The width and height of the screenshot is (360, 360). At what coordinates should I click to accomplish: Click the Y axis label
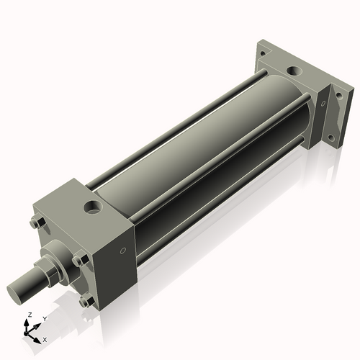44,318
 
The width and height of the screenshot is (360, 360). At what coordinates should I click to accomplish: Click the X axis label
45,338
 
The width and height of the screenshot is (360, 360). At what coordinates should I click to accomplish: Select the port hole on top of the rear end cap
294,72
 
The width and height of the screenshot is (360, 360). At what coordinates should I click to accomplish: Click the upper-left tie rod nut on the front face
37,224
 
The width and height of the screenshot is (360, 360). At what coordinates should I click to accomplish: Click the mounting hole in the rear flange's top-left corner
264,53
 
